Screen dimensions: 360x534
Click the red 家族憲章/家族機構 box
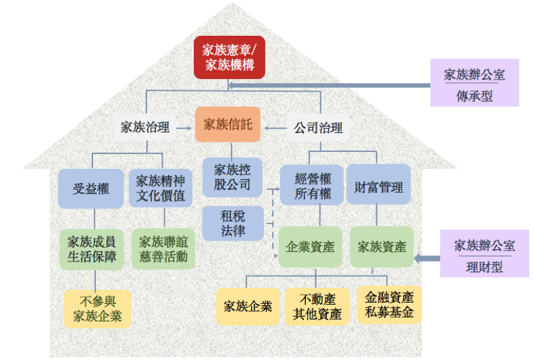(x=229, y=57)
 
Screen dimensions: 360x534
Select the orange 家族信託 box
(x=228, y=124)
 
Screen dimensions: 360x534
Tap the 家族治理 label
(x=145, y=126)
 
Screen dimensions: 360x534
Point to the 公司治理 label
(x=318, y=126)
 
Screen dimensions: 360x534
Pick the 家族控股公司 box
(x=232, y=176)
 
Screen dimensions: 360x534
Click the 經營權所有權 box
(x=313, y=185)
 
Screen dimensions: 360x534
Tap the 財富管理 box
(x=378, y=185)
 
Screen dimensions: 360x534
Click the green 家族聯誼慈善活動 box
(x=163, y=249)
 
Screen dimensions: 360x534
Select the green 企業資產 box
(x=311, y=247)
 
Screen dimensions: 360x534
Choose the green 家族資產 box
(x=381, y=247)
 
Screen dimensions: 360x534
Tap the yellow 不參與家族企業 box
(x=97, y=308)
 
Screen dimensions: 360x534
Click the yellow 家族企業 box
(x=248, y=306)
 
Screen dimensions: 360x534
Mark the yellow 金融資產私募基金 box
(x=390, y=305)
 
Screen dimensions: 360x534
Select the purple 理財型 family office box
(x=484, y=253)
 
